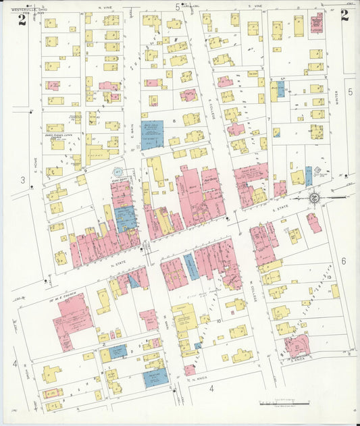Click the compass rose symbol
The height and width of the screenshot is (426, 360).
point(315,197)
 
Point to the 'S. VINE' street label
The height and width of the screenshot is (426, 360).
point(254,7)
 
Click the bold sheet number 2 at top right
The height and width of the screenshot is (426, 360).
point(344,17)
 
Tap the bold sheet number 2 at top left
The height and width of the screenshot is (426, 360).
point(22,20)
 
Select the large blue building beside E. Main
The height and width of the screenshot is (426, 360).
point(152,134)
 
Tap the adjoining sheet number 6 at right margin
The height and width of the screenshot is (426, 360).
point(344,261)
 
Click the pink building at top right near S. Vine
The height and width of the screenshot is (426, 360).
point(316,22)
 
